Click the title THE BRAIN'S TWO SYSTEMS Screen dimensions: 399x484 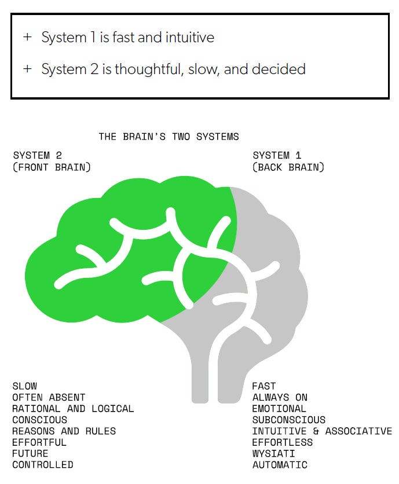(x=169, y=137)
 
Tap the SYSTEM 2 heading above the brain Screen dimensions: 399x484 (x=38, y=155)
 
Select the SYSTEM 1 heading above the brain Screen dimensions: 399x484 (x=277, y=155)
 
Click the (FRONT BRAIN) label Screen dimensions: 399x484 (x=52, y=167)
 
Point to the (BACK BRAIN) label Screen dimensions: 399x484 (x=288, y=167)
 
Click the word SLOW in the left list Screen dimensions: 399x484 (x=25, y=386)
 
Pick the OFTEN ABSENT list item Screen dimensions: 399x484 (x=49, y=397)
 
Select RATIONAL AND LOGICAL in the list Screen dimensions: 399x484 (x=73, y=408)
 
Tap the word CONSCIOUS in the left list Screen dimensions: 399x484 (x=39, y=420)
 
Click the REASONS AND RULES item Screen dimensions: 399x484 (x=64, y=431)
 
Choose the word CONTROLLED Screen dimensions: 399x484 (x=43, y=464)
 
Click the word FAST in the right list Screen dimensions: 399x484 (x=264, y=386)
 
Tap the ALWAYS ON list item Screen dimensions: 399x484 (x=280, y=397)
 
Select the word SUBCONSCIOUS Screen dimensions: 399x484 (x=289, y=420)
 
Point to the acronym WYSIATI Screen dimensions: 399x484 (x=273, y=453)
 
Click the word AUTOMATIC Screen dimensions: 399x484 (x=280, y=464)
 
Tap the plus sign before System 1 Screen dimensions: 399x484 (x=27, y=37)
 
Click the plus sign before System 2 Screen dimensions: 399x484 (x=27, y=68)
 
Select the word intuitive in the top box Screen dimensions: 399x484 (x=190, y=38)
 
